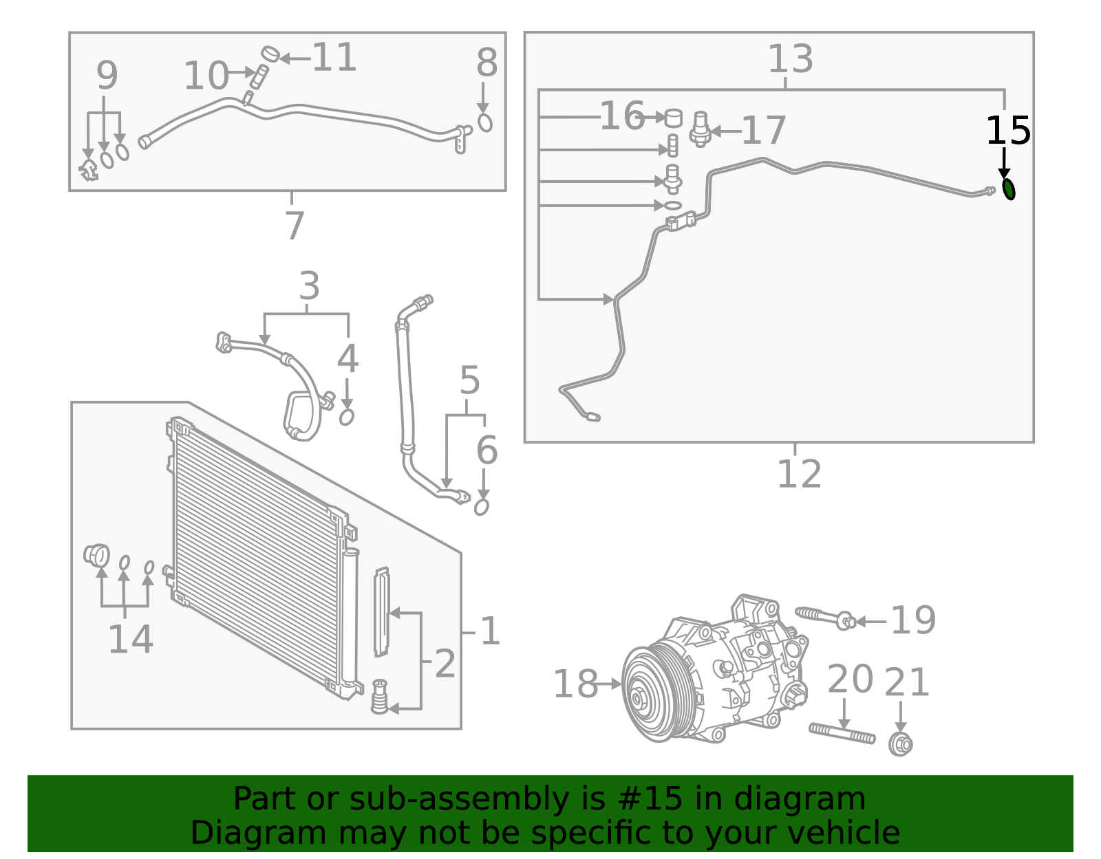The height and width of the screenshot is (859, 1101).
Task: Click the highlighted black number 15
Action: (x=1008, y=131)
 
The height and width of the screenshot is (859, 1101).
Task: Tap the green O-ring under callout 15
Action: (x=1009, y=189)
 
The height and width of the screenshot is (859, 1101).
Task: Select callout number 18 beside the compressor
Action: (x=575, y=684)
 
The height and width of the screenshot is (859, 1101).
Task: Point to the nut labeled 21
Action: (x=900, y=744)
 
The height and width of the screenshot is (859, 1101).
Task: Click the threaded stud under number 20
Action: (x=842, y=733)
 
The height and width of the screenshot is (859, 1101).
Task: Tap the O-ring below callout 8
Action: (x=485, y=123)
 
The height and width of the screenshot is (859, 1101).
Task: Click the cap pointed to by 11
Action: (x=270, y=53)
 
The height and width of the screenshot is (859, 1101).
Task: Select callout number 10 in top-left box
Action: (x=206, y=76)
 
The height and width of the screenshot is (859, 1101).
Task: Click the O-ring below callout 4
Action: (x=347, y=417)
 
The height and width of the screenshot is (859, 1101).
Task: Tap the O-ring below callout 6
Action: (x=482, y=508)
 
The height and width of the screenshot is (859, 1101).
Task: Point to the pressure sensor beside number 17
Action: (x=700, y=129)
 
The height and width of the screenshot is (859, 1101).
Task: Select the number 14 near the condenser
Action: (x=130, y=640)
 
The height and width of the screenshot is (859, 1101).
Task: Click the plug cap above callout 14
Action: (x=97, y=554)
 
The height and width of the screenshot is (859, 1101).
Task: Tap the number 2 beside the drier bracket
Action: (x=445, y=664)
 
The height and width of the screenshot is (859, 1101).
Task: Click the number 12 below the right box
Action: (x=799, y=474)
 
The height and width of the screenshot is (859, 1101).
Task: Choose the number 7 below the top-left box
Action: (x=294, y=225)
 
